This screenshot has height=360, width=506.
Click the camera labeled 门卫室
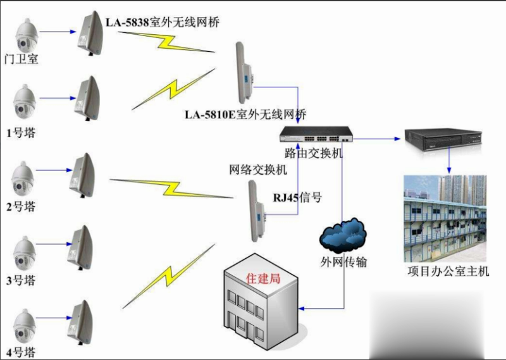point(27,36)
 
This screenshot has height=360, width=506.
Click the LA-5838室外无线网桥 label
point(163,23)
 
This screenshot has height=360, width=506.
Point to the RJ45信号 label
point(297,197)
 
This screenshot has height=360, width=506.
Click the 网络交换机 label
point(258,170)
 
